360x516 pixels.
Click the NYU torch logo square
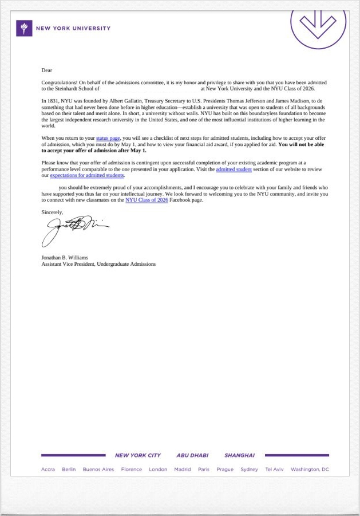pos(24,28)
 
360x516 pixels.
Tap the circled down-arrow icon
pos(318,23)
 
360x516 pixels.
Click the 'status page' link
pos(108,139)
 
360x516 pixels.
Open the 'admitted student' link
pos(234,170)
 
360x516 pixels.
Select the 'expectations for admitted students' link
pos(86,175)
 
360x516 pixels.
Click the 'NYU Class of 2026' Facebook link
pos(147,200)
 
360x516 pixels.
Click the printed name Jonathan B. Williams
pos(65,258)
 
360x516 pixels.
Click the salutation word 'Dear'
pos(46,70)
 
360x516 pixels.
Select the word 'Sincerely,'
pos(52,212)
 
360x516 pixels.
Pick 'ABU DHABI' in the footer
pos(192,455)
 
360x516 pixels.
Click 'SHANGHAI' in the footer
pos(239,455)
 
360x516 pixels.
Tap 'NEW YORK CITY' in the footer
pos(138,455)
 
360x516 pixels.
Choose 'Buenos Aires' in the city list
pos(98,470)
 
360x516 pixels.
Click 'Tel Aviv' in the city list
pos(274,470)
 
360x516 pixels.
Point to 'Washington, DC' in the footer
pos(310,470)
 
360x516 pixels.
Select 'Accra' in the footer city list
pos(48,470)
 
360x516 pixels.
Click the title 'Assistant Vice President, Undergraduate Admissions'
pos(98,264)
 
